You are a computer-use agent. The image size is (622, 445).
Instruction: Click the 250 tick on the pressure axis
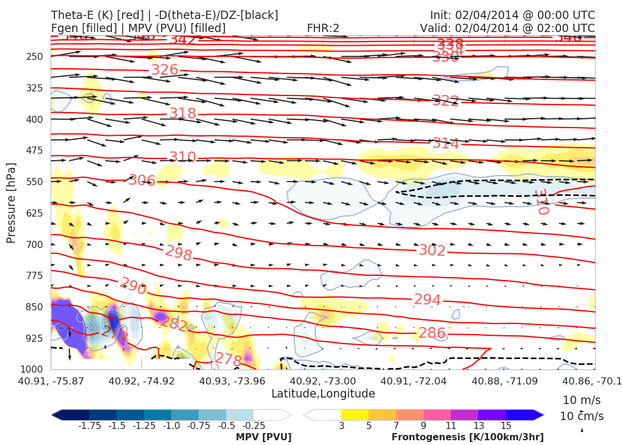(36, 56)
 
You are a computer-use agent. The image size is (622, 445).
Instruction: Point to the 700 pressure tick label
(36, 244)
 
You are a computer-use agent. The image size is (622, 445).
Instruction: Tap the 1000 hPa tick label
(33, 370)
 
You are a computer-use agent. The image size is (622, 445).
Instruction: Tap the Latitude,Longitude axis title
(323, 394)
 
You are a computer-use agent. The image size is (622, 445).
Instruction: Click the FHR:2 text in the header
(323, 28)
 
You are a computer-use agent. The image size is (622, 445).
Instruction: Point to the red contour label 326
(165, 70)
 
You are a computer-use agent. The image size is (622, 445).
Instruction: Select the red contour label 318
(182, 113)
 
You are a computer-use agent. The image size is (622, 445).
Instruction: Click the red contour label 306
(142, 180)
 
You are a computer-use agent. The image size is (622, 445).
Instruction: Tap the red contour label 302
(432, 250)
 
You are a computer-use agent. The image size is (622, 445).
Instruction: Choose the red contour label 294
(427, 300)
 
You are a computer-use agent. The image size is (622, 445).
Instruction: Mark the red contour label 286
(432, 333)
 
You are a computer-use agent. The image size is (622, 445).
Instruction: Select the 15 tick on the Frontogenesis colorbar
(506, 426)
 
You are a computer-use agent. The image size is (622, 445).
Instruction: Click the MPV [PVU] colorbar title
(264, 437)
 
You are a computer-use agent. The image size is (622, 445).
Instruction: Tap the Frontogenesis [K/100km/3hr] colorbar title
(467, 437)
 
